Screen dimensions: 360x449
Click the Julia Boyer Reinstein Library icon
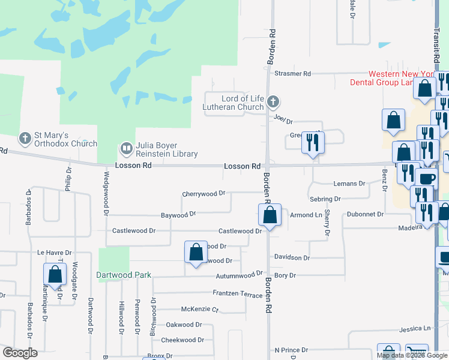click(127, 148)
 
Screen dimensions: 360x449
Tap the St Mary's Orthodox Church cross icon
click(25, 138)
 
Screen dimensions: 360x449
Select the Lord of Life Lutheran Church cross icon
click(273, 101)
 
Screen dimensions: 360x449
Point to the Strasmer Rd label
click(292, 74)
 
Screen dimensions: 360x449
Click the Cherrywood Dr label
click(203, 194)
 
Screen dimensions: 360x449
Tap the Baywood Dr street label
click(178, 214)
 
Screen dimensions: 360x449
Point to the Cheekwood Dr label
click(182, 340)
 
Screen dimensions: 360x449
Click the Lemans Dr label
click(349, 184)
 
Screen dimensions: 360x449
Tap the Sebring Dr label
click(325, 199)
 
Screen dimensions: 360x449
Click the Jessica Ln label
click(415, 329)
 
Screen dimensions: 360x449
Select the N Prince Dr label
click(291, 350)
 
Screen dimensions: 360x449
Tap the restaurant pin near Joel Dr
click(312, 142)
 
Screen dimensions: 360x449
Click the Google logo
click(20, 353)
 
